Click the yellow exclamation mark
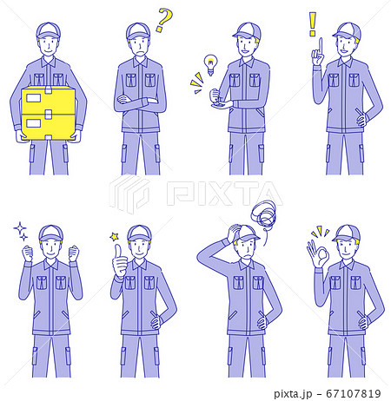point(312,23)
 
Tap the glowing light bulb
point(210,64)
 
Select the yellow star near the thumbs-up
point(115,237)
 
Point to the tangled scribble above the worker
point(263,214)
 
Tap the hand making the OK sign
point(318,253)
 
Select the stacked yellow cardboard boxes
point(49,113)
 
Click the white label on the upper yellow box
point(34,98)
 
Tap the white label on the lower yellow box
point(34,123)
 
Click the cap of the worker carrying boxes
point(49,30)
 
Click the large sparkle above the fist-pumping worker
point(20,228)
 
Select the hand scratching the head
point(234,233)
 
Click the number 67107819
point(354,393)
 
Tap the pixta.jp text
point(293,394)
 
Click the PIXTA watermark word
point(224,194)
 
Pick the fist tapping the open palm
point(215,96)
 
